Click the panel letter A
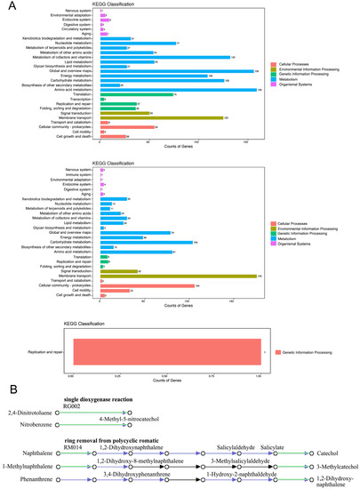tap(8, 7)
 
